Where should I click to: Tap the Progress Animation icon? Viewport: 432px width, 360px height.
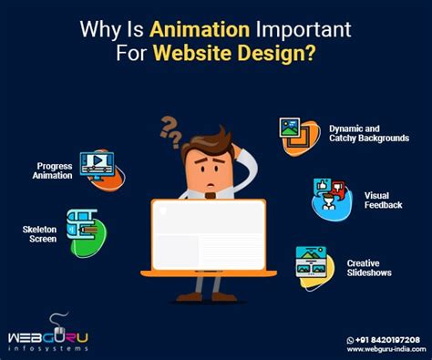click(98, 164)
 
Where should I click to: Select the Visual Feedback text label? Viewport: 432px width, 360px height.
click(383, 200)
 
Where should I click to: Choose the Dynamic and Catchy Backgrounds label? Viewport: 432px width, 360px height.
click(368, 134)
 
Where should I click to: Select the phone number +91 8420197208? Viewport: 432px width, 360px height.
click(380, 339)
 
